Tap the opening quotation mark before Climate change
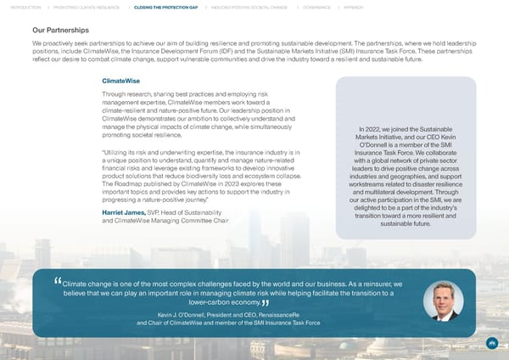coord(58,282)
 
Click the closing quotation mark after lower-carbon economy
coord(266,304)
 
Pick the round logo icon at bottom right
coord(491,344)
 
